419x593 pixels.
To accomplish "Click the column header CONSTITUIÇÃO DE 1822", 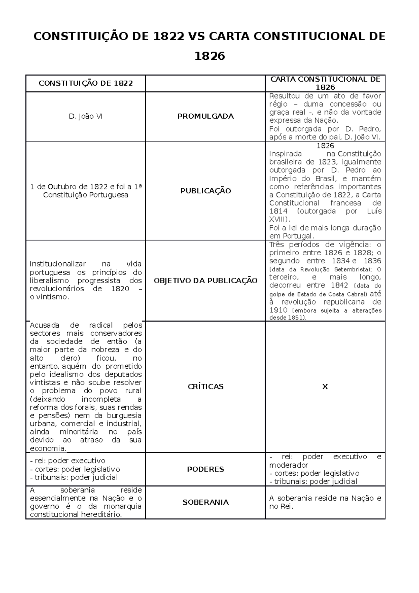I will click(86, 83).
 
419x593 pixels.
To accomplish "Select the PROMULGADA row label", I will click(205, 116).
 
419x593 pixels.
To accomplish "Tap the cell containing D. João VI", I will click(86, 116).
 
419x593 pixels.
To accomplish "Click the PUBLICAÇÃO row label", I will click(205, 191).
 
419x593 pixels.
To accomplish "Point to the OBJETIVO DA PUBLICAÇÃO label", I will click(205, 280).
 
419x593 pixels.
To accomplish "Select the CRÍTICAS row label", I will click(205, 387).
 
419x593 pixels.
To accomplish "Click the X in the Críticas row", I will click(325, 387).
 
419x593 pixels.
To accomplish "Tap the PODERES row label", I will click(205, 469).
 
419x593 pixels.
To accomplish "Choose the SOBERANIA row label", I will click(205, 502).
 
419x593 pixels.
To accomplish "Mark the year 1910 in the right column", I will click(278, 310).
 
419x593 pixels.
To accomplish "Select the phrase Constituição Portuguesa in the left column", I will click(86, 195).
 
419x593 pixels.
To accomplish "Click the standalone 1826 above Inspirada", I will click(325, 146).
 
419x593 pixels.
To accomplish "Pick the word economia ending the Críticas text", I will click(47, 448).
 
